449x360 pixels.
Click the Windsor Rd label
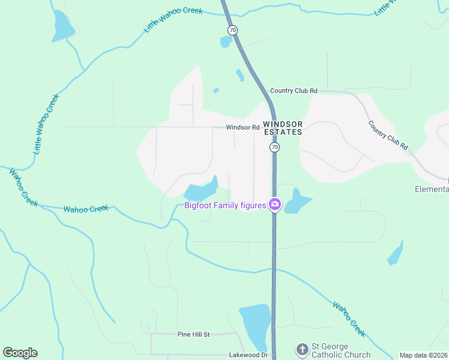pos(243,127)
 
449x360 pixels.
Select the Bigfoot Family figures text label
pos(225,206)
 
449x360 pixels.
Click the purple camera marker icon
pos(275,205)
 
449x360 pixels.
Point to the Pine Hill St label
pos(193,334)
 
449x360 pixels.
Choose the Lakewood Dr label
pos(247,355)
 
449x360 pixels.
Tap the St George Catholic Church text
pos(340,350)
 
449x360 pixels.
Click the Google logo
pos(20,352)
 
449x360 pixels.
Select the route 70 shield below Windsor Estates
pos(274,147)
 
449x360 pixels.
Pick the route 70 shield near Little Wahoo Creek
pos(232,29)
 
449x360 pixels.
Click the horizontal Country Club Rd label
pos(293,91)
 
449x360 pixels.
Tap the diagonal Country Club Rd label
pos(388,135)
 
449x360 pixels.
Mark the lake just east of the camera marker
pos(297,202)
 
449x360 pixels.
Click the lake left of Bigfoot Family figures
pos(199,192)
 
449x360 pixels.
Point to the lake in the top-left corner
pos(62,26)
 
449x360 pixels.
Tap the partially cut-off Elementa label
pos(432,189)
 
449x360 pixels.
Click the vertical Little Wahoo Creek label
pos(46,124)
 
